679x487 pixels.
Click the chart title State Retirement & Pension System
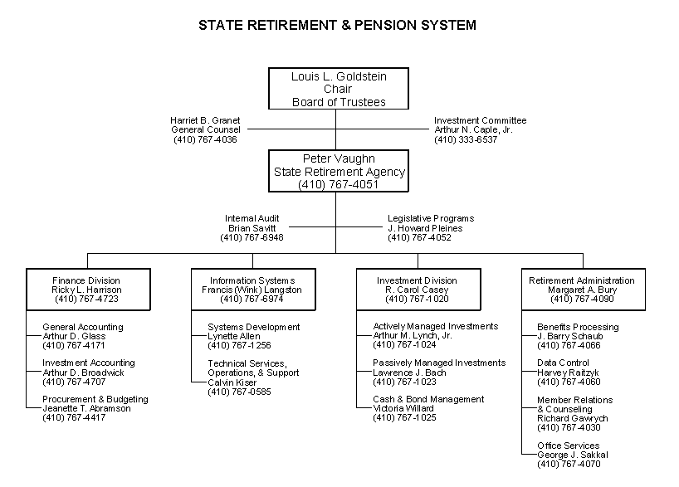[337, 25]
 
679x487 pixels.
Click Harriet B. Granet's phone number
[205, 139]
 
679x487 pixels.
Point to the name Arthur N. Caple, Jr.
[473, 129]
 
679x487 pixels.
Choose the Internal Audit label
[252, 218]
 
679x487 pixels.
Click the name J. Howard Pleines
[425, 228]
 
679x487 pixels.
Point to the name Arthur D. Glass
[74, 336]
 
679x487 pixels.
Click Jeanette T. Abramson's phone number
[74, 417]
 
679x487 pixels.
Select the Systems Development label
[254, 327]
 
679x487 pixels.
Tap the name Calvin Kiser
[232, 382]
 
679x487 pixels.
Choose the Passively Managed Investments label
[439, 363]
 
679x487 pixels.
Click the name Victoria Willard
[403, 408]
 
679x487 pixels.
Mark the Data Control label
[563, 363]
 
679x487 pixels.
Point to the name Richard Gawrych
[573, 418]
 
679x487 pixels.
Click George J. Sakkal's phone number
[569, 464]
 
